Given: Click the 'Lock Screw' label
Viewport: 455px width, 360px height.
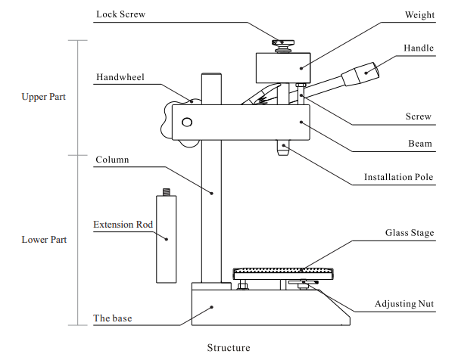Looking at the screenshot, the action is (x=120, y=14).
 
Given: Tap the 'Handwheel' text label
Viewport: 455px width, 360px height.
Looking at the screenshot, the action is (x=120, y=77).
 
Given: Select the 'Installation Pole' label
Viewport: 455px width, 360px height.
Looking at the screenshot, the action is (x=398, y=177).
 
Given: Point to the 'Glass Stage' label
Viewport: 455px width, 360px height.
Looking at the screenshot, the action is (x=410, y=233).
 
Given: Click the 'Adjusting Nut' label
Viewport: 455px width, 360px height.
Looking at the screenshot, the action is (x=404, y=304).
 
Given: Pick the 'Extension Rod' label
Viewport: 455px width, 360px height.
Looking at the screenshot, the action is (x=123, y=225).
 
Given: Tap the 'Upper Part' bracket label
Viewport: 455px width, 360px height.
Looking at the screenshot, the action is (x=43, y=97).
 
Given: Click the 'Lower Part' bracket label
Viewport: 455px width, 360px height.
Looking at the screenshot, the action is (x=44, y=240).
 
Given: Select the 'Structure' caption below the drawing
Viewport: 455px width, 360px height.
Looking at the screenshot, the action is (x=229, y=348).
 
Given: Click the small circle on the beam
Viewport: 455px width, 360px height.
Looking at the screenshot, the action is (x=187, y=123).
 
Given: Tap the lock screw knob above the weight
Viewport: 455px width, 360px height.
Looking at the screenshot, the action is (x=283, y=46).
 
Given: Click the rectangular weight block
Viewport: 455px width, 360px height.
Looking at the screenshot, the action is (x=283, y=68).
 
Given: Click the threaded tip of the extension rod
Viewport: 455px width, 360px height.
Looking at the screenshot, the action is (x=167, y=192).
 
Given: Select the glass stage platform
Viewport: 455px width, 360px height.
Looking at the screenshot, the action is (x=283, y=274).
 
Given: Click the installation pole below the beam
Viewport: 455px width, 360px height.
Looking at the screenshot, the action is (x=283, y=147).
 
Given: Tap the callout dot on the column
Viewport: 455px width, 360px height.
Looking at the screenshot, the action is (x=212, y=193).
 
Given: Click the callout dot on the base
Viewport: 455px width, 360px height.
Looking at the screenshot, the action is (x=212, y=307).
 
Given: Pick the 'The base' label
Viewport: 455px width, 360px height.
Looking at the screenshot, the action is (x=113, y=318).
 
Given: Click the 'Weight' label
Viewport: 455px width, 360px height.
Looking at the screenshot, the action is (x=419, y=15).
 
